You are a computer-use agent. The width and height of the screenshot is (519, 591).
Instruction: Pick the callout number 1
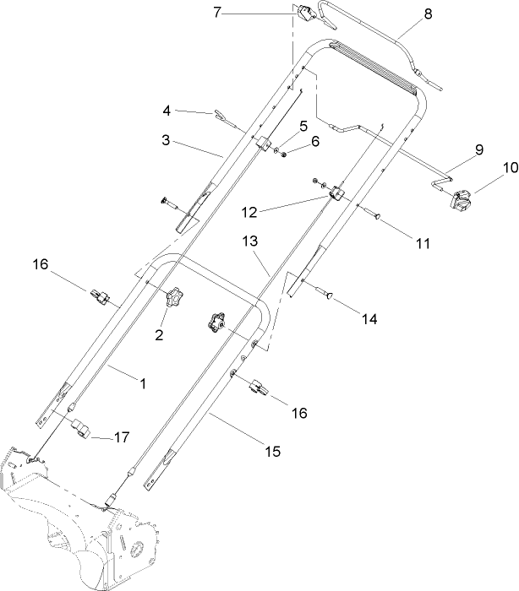pyautogui.click(x=143, y=382)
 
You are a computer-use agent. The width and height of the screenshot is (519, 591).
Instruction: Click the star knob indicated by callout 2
pyautogui.click(x=175, y=298)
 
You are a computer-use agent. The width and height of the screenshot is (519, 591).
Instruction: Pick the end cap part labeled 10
pyautogui.click(x=461, y=203)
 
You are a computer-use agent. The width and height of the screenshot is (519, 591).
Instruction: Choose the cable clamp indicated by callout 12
pyautogui.click(x=339, y=194)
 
